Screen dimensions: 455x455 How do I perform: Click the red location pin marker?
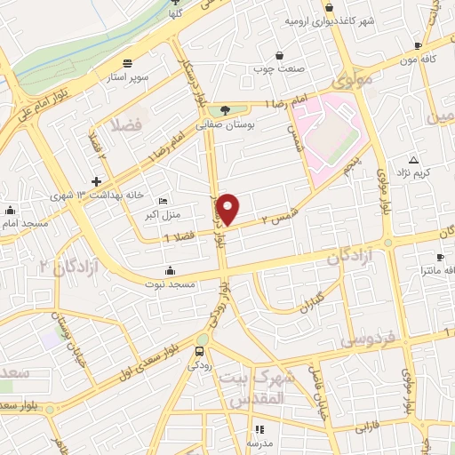[x=229, y=209]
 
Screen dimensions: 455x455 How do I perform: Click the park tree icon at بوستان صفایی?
[x=225, y=110]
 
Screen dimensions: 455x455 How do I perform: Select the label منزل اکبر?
[x=162, y=214]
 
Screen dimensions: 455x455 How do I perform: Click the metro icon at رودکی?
[x=202, y=340]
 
